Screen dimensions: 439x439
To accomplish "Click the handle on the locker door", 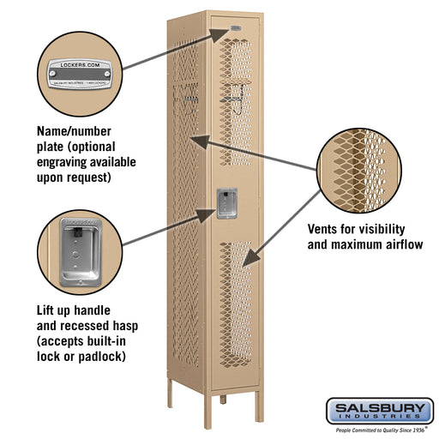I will (x=226, y=203).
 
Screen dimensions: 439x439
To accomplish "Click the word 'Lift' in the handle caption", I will (x=47, y=309).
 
